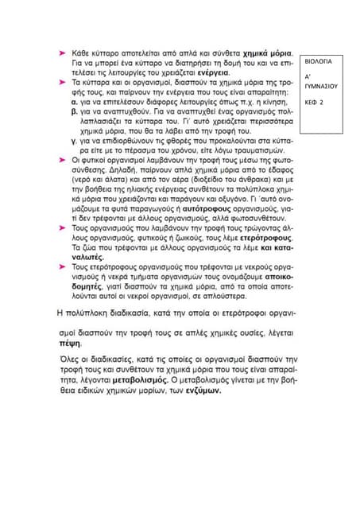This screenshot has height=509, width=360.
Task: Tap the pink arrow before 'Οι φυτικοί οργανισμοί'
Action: click(x=62, y=159)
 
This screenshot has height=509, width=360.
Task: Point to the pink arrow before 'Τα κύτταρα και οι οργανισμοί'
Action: click(x=62, y=82)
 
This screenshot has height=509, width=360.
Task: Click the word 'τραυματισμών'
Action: click(x=256, y=149)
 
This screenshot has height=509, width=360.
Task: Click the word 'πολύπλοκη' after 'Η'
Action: click(x=95, y=311)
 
